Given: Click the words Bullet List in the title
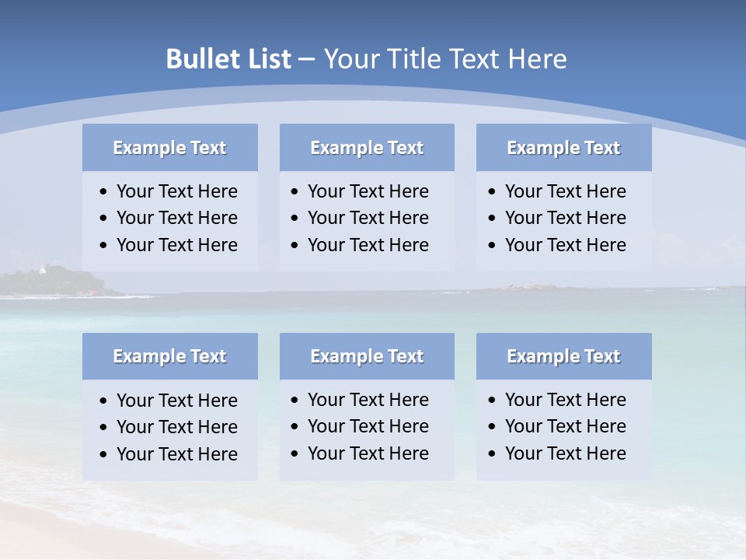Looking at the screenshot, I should click(x=228, y=59).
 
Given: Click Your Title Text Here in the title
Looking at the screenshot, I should click(x=444, y=59).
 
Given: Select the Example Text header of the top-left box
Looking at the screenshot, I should click(x=169, y=148).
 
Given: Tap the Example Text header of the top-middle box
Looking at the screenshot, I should click(x=367, y=148).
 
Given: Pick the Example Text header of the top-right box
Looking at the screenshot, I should click(x=563, y=148).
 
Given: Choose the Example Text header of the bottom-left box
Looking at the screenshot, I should click(x=169, y=356).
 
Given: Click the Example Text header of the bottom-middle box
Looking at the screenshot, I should click(x=367, y=356).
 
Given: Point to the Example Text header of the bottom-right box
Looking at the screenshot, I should click(x=563, y=356).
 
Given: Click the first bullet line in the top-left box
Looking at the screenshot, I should click(x=176, y=191).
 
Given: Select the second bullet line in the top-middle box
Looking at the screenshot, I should click(x=368, y=218).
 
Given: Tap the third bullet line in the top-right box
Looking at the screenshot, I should click(x=565, y=245).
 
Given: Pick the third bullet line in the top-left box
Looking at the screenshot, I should click(x=176, y=245).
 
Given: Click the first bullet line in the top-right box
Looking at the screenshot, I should click(x=565, y=191).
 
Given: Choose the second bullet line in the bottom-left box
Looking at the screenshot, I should click(x=176, y=427).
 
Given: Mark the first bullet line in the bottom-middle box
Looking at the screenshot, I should click(x=368, y=400).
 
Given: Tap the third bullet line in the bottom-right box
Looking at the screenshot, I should click(x=565, y=453).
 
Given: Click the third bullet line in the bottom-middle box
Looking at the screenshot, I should click(x=368, y=453).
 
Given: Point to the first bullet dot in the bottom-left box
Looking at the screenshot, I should click(x=103, y=401).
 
